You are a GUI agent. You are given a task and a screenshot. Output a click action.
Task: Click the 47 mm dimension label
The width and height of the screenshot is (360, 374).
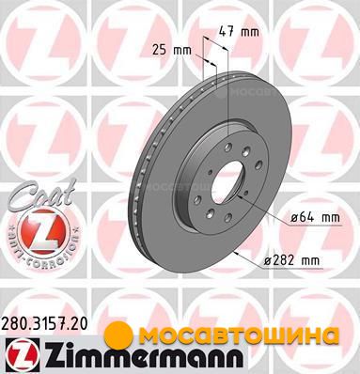coord(239,32)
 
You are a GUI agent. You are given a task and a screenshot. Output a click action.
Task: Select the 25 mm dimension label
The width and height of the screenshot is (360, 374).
coord(172,50)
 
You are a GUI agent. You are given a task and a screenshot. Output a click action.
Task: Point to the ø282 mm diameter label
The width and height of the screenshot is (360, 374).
coord(291,260)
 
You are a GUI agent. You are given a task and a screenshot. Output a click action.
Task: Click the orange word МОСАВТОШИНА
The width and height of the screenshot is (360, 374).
coord(239,335)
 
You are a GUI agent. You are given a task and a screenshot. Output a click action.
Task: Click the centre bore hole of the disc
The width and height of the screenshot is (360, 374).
coord(227,181)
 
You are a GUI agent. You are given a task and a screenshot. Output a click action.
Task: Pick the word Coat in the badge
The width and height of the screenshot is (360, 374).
coord(41,195)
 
